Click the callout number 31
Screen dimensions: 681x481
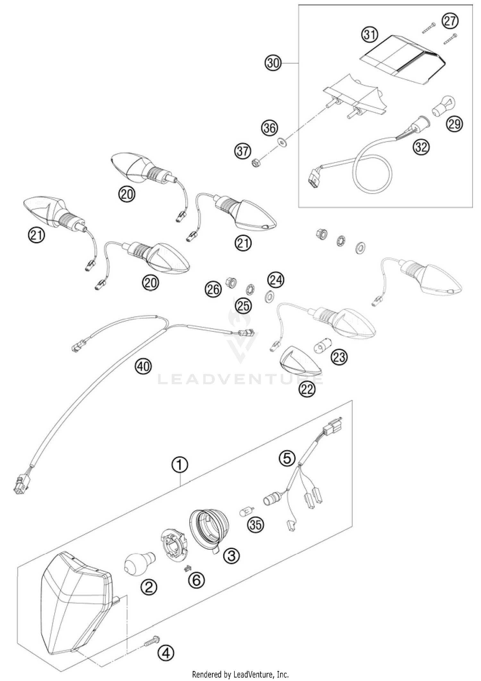[x=370, y=34]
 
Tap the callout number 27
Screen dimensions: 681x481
[x=450, y=21]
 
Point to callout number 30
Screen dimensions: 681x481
[x=273, y=63]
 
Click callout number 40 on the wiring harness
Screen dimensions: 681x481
[x=143, y=366]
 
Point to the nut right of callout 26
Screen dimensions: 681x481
[x=231, y=282]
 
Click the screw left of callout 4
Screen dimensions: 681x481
[x=151, y=639]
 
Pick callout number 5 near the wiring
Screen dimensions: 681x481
[x=287, y=458]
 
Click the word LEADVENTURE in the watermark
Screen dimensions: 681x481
[x=240, y=379]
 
